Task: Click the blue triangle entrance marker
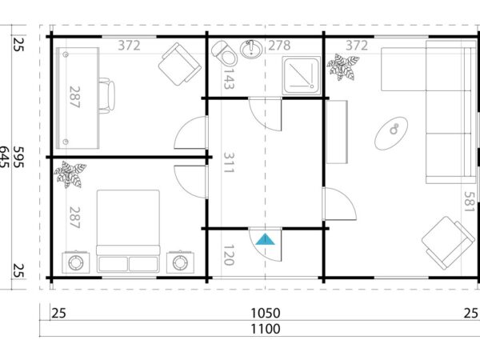266,238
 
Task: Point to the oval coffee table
395,128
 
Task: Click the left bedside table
78,262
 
